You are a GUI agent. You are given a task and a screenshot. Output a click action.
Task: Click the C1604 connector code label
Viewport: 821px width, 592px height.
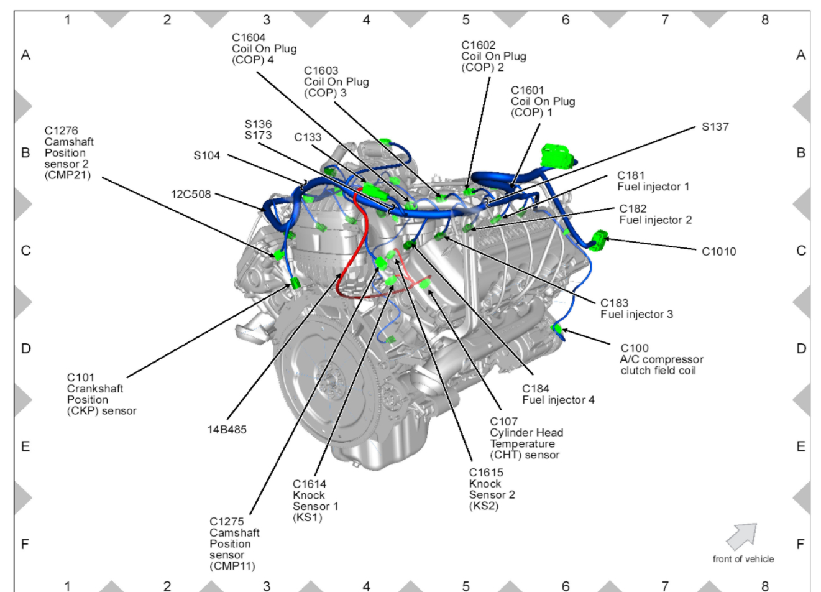click(249, 38)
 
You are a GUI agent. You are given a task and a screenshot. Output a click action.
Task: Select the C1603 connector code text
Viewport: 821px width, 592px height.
click(321, 71)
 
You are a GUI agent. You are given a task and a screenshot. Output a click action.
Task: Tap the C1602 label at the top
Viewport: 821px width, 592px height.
click(478, 45)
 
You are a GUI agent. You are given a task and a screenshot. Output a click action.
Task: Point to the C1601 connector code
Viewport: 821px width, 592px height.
click(527, 91)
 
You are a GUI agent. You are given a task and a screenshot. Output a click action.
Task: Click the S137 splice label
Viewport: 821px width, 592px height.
click(715, 127)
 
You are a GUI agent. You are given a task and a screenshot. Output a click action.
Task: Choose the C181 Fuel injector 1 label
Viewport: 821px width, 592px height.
click(653, 181)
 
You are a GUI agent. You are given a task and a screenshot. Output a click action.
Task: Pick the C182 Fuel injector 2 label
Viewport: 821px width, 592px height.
click(655, 215)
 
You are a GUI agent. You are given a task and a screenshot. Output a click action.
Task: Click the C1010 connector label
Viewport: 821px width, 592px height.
click(718, 251)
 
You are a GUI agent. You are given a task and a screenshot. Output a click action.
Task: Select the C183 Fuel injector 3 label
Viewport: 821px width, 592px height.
click(636, 308)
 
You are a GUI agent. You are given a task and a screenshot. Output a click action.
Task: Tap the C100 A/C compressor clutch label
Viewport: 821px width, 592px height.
click(661, 359)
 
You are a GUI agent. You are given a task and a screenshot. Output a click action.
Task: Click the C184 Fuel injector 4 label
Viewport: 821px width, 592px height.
click(557, 394)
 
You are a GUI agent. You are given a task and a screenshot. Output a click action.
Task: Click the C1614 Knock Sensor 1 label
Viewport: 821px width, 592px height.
click(315, 500)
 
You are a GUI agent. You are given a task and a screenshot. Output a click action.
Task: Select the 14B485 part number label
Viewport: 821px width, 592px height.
click(227, 430)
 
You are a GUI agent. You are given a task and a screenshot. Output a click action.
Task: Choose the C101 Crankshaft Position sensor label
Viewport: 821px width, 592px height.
click(101, 394)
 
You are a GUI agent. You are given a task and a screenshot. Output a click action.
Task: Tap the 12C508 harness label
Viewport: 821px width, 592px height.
click(191, 195)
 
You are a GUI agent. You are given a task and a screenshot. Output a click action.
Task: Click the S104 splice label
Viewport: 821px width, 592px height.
click(206, 155)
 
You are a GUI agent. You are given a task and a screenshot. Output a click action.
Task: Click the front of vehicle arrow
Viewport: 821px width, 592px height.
click(741, 535)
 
